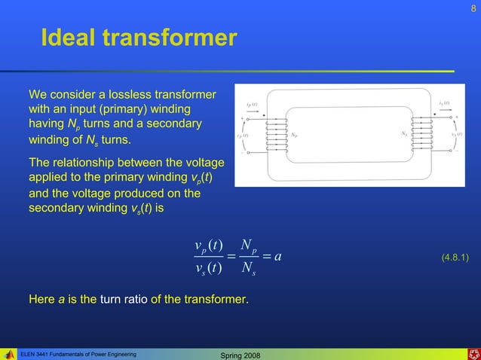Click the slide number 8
coord(473,8)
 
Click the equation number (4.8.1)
coord(455,258)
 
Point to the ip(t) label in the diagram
coord(253,103)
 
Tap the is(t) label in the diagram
coord(444,102)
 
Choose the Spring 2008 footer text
coord(239,354)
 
